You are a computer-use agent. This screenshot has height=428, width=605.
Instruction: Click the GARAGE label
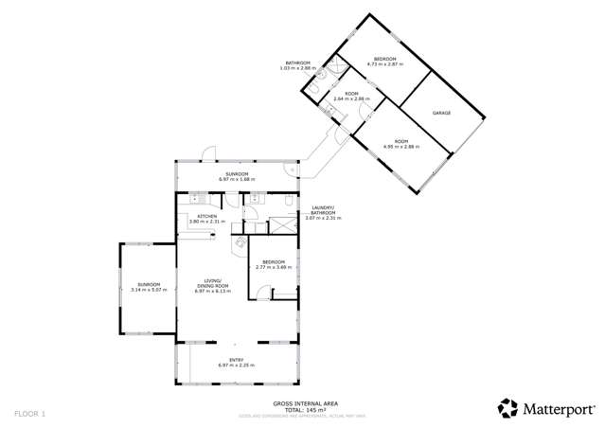point(441,113)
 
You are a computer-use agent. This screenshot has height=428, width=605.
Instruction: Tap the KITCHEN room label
point(207,217)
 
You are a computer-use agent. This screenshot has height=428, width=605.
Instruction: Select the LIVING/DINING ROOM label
point(214,283)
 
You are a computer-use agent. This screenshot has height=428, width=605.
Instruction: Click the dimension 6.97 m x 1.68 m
point(237,179)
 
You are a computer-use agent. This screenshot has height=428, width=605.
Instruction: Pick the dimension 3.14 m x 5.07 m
point(149,290)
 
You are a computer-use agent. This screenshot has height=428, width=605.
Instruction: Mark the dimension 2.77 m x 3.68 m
point(275,269)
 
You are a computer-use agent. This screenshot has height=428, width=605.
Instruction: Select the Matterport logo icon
point(507,408)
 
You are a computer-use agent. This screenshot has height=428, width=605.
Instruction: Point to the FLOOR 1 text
point(28,414)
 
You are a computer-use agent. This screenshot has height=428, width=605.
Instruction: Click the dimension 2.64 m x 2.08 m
point(351,98)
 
